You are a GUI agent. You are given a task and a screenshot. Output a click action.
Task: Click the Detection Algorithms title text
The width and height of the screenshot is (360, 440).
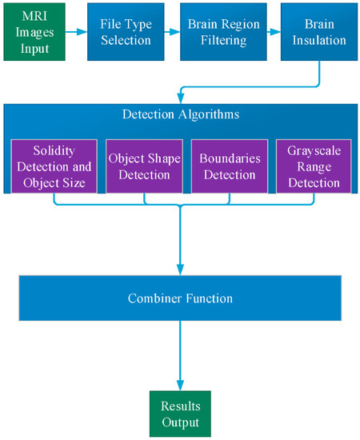point(180,114)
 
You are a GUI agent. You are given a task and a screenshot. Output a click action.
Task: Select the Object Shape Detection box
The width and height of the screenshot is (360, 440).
point(144,166)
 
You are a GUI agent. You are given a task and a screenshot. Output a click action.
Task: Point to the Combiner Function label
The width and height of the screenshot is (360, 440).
point(180,298)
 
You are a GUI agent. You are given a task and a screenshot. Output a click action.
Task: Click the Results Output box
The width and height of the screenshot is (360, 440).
point(179,413)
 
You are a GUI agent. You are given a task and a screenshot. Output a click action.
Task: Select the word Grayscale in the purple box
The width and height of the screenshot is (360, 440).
point(308,150)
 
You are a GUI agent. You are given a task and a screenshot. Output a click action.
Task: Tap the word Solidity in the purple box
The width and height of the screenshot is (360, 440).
point(53,150)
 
